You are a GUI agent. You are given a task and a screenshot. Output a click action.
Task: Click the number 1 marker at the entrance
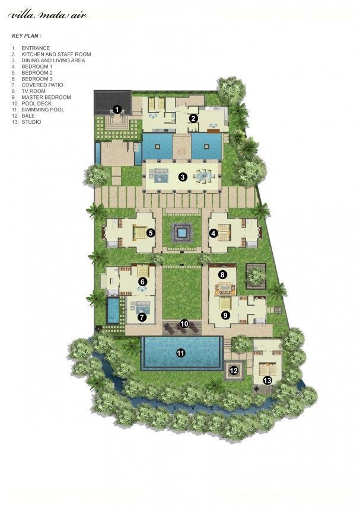tap(117, 110)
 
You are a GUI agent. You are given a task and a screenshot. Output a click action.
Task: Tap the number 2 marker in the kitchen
tap(193, 119)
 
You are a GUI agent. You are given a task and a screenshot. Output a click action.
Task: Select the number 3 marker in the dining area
tap(183, 177)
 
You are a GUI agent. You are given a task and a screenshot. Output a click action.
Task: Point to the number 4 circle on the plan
tap(213, 233)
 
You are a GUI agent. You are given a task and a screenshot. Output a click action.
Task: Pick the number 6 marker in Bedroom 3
tap(142, 281)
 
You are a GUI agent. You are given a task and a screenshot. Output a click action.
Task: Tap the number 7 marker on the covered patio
tap(142, 317)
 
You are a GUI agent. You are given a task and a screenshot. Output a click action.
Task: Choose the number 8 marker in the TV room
tap(222, 275)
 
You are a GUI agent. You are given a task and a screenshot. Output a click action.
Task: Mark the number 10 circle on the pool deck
tap(184, 324)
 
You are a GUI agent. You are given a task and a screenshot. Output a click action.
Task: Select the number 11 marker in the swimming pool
tap(181, 353)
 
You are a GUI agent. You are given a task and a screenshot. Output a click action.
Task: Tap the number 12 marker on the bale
tap(234, 370)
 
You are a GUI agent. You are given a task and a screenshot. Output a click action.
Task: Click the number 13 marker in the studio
tap(267, 380)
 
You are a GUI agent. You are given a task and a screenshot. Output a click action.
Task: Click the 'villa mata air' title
tap(48, 15)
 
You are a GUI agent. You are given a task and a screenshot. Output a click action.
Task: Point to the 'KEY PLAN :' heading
tap(27, 36)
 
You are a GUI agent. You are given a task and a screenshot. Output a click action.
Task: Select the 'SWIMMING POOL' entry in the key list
tap(43, 110)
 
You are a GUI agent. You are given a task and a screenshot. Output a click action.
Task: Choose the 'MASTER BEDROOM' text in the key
tap(46, 97)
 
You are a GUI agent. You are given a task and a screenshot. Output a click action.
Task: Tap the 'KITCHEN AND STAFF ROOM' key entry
tap(56, 54)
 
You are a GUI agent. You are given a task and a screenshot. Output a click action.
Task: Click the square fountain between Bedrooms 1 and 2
tap(181, 232)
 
